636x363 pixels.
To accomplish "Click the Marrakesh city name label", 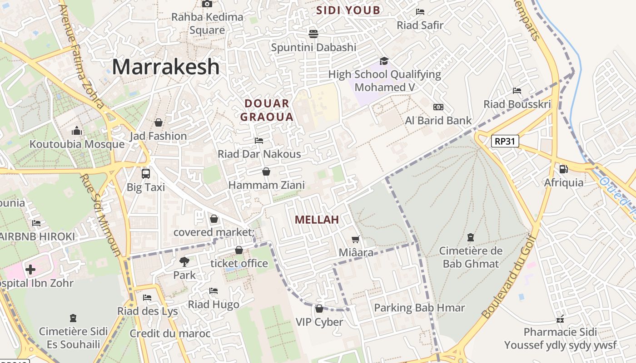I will (x=166, y=67).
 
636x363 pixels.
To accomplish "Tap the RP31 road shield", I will (x=505, y=141).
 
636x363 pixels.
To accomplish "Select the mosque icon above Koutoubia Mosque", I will (x=77, y=131).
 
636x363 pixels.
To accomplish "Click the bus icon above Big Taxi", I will (x=146, y=173).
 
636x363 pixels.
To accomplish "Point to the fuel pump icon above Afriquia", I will (x=564, y=169).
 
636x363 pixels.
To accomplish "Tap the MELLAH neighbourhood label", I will (x=317, y=220).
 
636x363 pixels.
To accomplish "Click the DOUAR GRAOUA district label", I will (x=267, y=110).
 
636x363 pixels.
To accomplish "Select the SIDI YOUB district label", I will (x=348, y=10).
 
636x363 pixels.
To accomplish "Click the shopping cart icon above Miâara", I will (x=356, y=239).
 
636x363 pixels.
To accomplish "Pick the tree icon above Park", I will (x=184, y=261).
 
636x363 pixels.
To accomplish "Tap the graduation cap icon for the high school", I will (x=384, y=61).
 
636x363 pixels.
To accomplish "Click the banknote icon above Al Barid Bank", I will (x=438, y=107).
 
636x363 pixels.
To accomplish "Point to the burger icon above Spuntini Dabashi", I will (x=313, y=34).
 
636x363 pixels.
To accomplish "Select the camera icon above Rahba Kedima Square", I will (x=207, y=4).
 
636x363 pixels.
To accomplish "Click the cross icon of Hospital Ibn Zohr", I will (x=30, y=270).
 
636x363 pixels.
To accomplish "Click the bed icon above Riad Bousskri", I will (x=517, y=91).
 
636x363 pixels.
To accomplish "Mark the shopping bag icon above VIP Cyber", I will (x=319, y=309).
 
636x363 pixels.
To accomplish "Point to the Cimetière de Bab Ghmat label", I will (x=471, y=257).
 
